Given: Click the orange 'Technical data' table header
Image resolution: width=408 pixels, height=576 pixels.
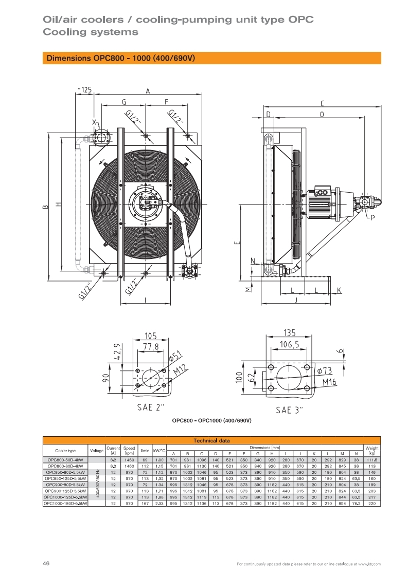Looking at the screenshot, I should click(211, 440).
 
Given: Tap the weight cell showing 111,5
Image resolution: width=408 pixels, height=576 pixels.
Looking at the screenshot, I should click(371, 459).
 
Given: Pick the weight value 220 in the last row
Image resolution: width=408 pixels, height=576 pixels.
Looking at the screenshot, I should click(371, 504).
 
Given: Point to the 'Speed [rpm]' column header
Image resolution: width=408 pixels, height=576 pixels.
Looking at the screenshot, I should click(129, 450).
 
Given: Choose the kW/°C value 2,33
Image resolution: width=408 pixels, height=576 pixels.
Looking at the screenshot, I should click(159, 504).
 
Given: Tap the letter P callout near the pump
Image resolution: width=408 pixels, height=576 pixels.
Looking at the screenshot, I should click(372, 218).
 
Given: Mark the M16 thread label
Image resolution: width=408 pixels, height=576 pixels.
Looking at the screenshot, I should click(329, 382).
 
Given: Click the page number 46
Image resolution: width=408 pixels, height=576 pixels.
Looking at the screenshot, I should click(46, 564).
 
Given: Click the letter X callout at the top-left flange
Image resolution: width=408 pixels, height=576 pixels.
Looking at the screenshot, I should click(94, 122).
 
